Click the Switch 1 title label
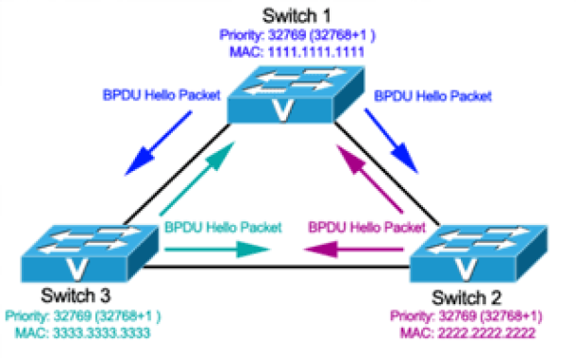click(296, 16)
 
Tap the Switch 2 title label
click(466, 298)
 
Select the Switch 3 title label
click(76, 296)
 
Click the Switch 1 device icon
click(296, 94)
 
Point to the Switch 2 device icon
click(479, 254)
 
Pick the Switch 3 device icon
click(90, 254)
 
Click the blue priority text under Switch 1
click(297, 35)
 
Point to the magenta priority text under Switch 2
click(466, 317)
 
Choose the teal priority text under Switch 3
click(83, 317)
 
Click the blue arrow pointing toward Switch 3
click(159, 143)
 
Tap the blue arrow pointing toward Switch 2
click(391, 141)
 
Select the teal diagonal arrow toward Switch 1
click(197, 179)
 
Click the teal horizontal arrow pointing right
click(217, 249)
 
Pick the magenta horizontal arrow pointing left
click(354, 249)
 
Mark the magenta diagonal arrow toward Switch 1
click(369, 180)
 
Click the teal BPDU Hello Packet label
click(223, 228)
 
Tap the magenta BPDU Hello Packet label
click(367, 228)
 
